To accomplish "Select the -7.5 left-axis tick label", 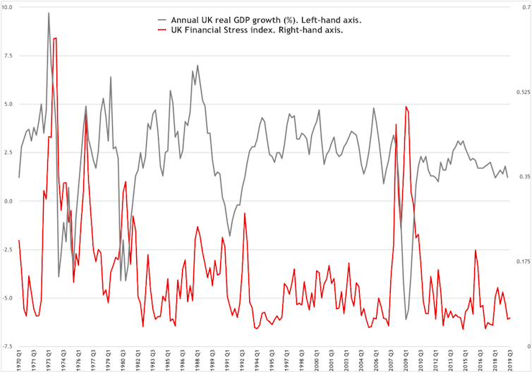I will [7, 345].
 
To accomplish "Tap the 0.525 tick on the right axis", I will [523, 92].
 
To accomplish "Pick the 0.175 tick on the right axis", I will [523, 261].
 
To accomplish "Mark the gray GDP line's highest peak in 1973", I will [49, 13].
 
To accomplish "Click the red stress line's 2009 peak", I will [406, 107].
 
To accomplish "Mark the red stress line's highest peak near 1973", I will [56, 38].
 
